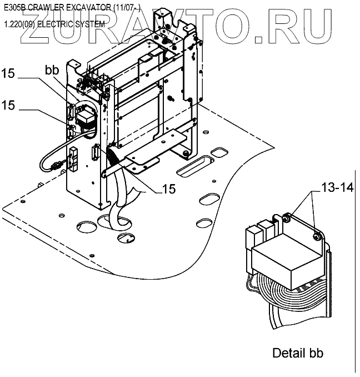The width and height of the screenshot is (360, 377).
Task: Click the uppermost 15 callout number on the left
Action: (x=8, y=73)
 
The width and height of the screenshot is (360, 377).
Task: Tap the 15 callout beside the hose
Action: (x=169, y=189)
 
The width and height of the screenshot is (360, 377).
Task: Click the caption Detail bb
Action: (x=298, y=353)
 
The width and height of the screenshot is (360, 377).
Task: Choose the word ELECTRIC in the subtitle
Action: (x=54, y=24)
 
